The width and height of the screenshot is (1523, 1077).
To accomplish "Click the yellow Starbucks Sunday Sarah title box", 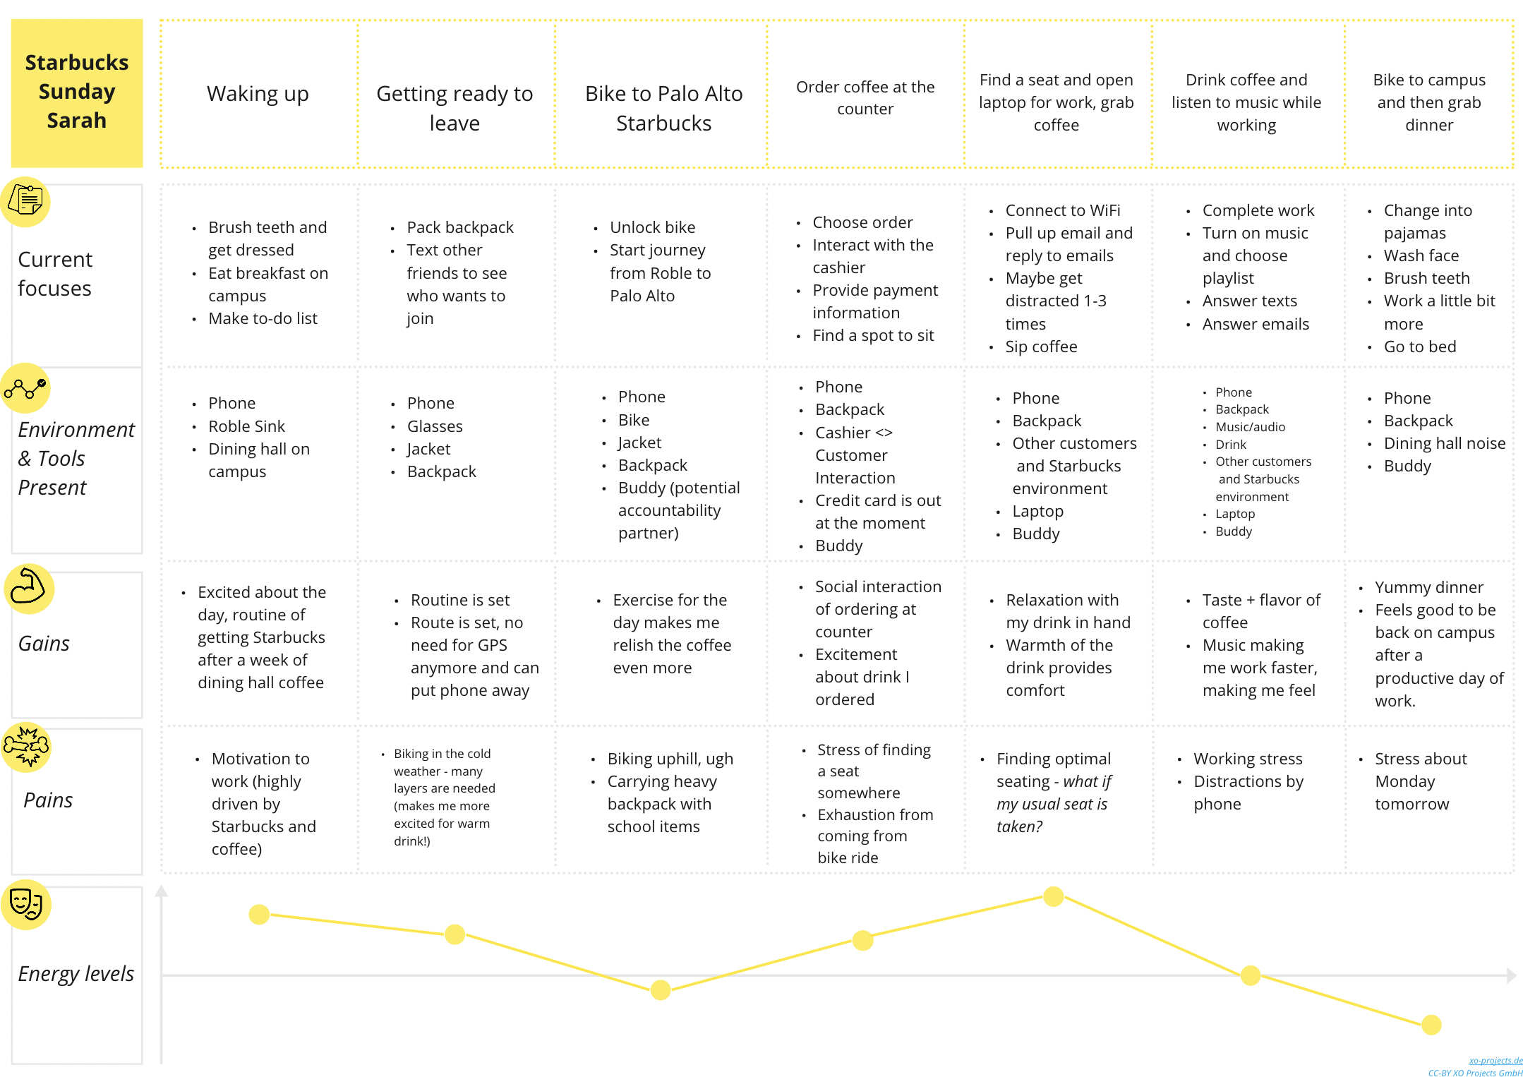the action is point(77,92).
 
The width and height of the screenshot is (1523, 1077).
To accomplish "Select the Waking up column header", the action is point(258,94).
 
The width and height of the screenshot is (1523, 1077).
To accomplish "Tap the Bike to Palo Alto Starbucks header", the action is point(663,108).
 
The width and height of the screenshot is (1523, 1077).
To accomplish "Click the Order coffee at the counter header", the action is point(865,97).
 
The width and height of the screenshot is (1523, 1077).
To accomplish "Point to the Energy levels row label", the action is point(76,974).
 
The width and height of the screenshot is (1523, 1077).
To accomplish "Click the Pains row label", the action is point(48,800).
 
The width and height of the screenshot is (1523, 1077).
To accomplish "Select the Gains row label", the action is point(44,644).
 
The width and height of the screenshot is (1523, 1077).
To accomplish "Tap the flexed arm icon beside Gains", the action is point(28,588).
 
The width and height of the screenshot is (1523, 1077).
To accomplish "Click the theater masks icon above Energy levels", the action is point(26,904).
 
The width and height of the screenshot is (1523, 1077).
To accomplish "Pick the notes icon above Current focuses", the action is point(25,202).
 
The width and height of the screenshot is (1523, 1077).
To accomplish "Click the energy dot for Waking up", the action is point(259,915).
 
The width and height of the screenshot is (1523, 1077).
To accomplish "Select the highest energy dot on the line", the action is point(1054,896).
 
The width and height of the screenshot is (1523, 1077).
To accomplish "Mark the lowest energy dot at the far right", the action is point(1431,1025).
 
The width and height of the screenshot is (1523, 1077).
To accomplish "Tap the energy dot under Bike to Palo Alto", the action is point(661,990).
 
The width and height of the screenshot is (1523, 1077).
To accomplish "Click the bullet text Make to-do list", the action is point(263,318).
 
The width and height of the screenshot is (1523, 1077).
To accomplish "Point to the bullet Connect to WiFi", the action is point(1063,210).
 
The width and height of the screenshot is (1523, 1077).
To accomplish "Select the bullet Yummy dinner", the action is point(1429,587).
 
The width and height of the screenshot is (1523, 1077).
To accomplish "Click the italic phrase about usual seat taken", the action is point(1053,804).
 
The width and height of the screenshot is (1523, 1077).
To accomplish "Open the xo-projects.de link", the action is point(1495,1061).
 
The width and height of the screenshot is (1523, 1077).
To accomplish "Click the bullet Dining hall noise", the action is point(1445,443).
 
